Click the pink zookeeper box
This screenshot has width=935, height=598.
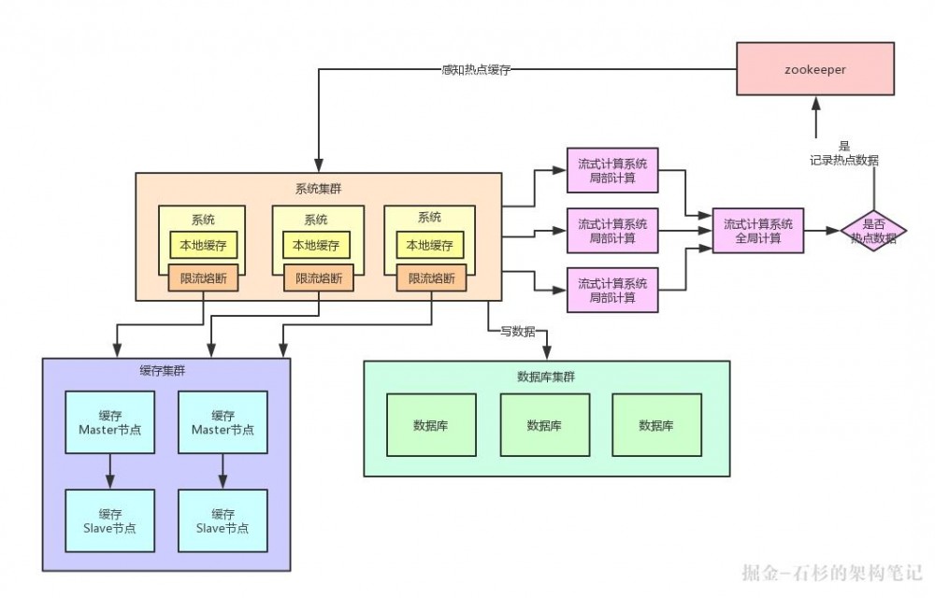(x=814, y=68)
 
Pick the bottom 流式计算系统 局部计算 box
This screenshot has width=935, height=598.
(x=612, y=290)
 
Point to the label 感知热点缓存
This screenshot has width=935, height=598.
(x=475, y=69)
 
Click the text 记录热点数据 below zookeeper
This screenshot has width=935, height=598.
(x=844, y=160)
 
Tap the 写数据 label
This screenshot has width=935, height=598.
(x=517, y=331)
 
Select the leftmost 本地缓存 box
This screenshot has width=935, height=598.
(x=203, y=245)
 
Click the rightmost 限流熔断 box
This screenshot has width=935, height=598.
(x=431, y=278)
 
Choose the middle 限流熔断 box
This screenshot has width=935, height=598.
(x=319, y=278)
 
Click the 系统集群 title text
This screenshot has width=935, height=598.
(x=318, y=188)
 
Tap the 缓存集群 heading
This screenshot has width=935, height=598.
(x=163, y=371)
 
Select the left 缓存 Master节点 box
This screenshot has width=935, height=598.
(x=110, y=422)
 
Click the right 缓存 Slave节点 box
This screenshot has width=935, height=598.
(x=223, y=520)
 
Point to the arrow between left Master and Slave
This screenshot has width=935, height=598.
(x=110, y=471)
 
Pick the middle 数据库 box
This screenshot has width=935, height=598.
(x=544, y=425)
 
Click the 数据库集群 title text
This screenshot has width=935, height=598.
(x=546, y=377)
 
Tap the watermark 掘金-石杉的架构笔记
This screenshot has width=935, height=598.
(x=831, y=572)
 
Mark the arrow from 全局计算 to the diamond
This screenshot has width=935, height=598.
(x=822, y=230)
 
